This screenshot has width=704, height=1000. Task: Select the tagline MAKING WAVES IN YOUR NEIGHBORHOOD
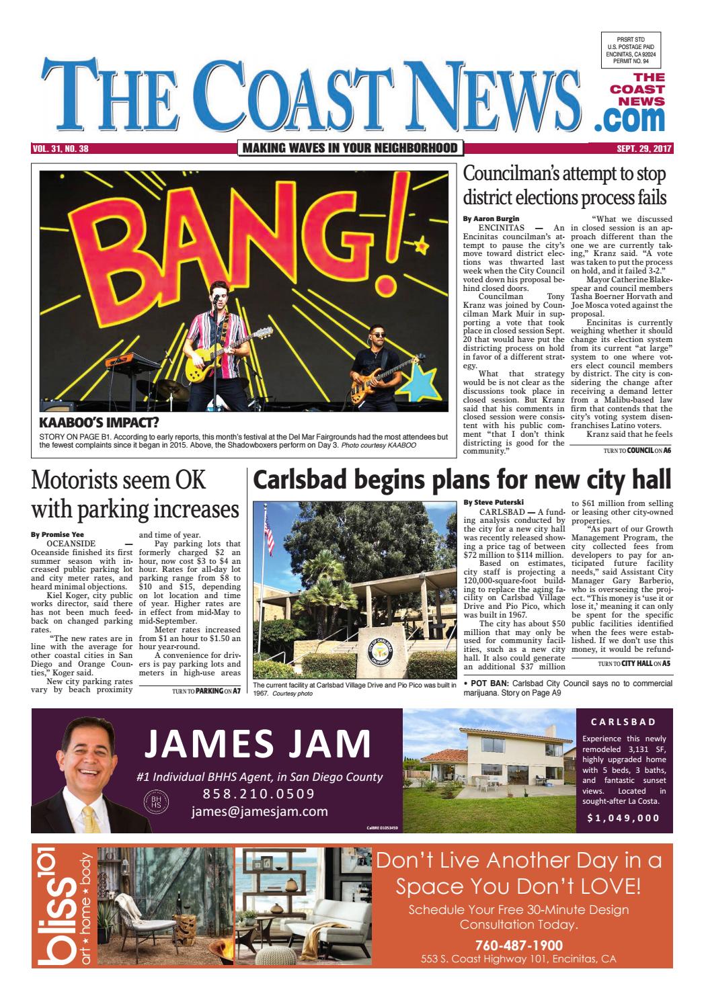[x=350, y=149]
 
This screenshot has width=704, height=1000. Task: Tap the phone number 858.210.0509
[x=259, y=794]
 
